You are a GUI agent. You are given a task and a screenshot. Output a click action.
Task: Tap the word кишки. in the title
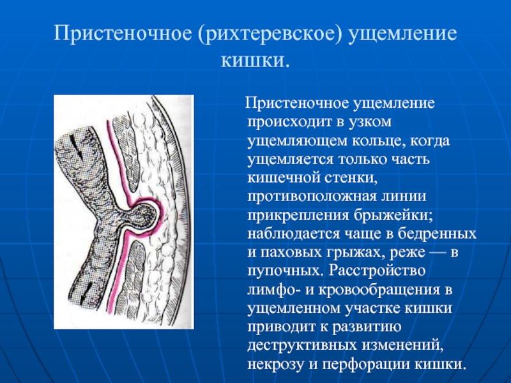(255, 61)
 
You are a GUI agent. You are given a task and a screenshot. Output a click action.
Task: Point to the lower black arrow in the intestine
(86, 292)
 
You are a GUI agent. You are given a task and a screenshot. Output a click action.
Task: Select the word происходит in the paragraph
(289, 123)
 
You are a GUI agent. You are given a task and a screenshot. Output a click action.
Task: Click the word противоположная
(310, 197)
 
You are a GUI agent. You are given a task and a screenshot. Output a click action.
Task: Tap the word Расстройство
(376, 271)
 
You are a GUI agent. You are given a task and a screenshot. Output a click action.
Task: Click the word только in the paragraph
(363, 160)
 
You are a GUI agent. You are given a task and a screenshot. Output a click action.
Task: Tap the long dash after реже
(437, 253)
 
